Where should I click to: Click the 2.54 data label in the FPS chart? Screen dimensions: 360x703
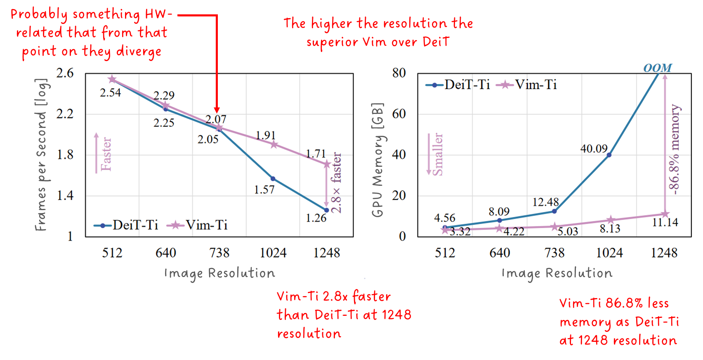click(110, 93)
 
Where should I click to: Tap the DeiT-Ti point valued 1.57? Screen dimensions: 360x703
click(273, 179)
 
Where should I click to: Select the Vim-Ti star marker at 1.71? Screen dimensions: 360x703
click(327, 164)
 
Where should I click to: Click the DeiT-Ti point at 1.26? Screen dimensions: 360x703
click(326, 210)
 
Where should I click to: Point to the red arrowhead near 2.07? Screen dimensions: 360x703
click(217, 109)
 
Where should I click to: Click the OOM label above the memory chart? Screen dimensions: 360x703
click(657, 68)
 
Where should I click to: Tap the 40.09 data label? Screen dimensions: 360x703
click(594, 149)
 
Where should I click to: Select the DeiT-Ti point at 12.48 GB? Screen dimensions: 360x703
click(554, 211)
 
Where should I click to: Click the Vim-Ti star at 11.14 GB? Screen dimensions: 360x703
click(665, 214)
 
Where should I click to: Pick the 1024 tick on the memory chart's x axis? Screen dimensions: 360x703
click(609, 253)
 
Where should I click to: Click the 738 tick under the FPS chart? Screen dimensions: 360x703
click(219, 253)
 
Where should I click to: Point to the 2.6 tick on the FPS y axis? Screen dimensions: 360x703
click(65, 73)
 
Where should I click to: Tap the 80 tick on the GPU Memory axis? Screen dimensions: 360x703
click(399, 73)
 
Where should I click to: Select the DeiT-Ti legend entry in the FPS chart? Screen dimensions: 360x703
click(126, 225)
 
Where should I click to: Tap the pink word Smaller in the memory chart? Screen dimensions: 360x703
click(437, 154)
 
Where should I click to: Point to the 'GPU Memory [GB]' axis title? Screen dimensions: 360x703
click(377, 160)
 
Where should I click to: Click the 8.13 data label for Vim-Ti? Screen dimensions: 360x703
click(610, 229)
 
